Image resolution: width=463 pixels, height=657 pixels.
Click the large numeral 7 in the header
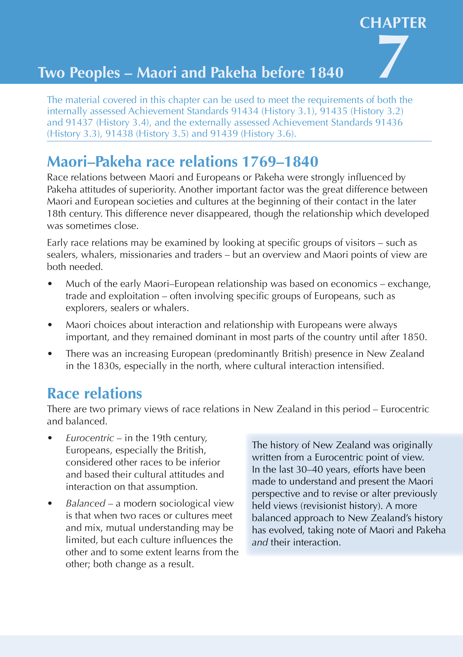tap(393, 56)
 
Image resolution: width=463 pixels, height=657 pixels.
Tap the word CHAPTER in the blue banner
tap(393, 23)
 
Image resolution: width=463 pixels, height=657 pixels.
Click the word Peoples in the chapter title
tap(95, 73)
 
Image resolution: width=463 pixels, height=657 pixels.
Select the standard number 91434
tap(245, 111)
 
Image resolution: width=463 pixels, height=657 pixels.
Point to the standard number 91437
tap(79, 122)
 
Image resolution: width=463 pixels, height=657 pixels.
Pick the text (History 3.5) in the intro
tap(162, 134)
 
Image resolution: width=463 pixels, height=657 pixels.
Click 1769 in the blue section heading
tap(259, 162)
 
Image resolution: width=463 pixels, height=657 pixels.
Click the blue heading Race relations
tap(95, 393)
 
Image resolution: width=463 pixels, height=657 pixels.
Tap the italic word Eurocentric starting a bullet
tap(90, 438)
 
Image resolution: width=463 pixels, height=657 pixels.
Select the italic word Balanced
tap(86, 503)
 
